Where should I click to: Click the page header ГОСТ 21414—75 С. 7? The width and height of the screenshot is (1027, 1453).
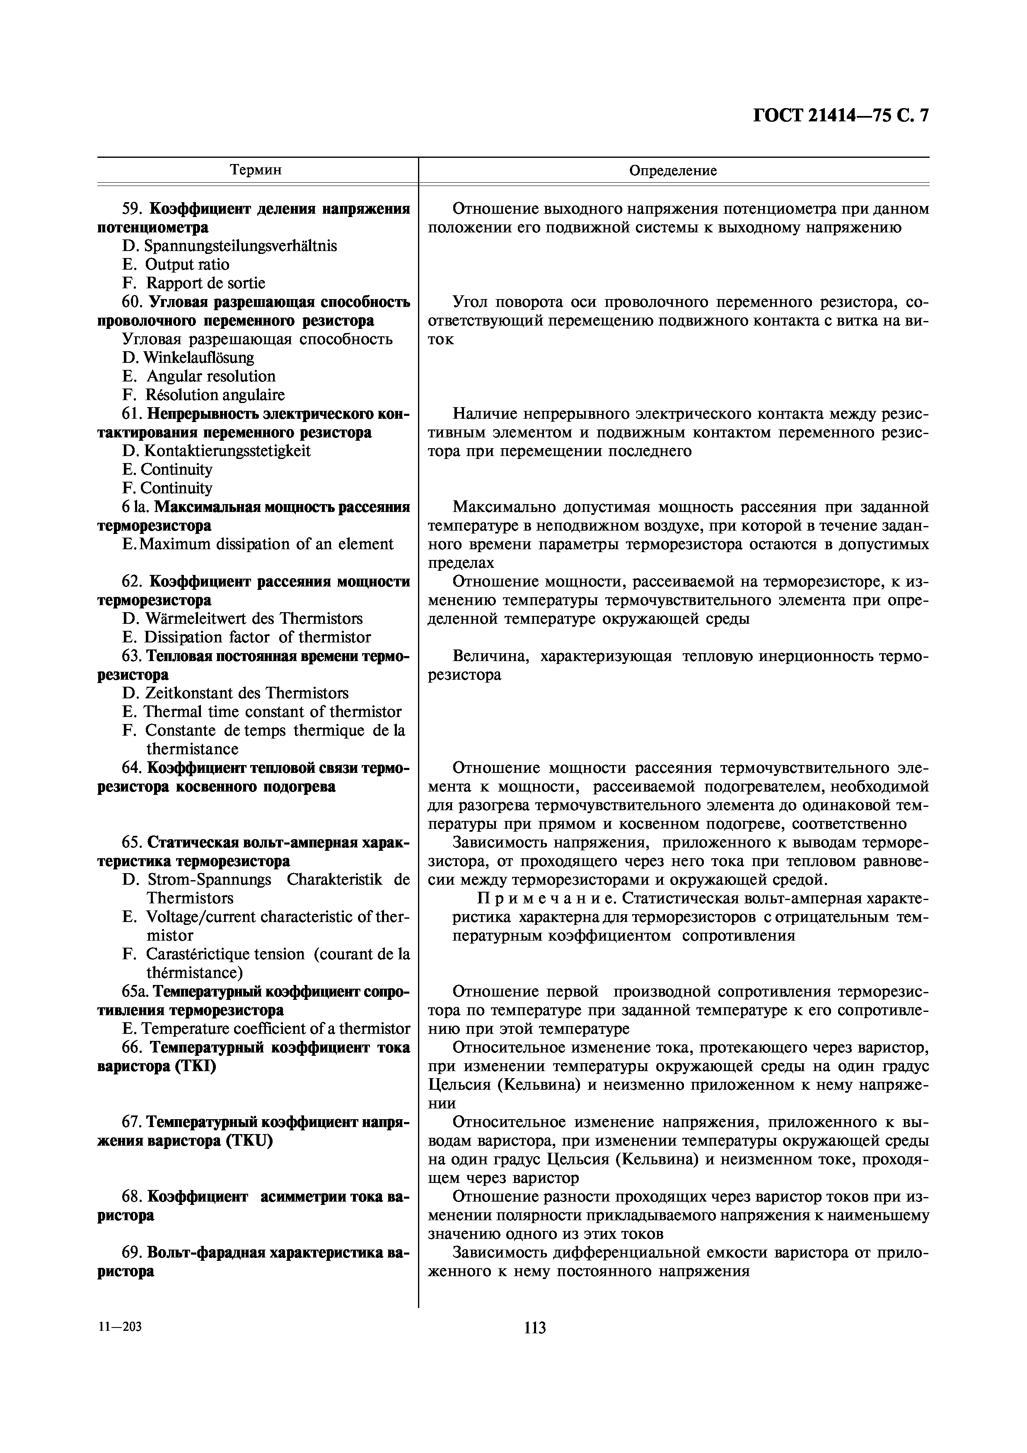[841, 116]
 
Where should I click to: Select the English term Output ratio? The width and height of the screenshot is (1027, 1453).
[187, 265]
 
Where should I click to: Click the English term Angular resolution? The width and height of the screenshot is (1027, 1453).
[211, 377]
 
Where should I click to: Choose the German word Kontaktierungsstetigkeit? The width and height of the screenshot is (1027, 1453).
[227, 451]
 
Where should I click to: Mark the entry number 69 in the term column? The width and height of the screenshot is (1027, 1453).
[132, 1253]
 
